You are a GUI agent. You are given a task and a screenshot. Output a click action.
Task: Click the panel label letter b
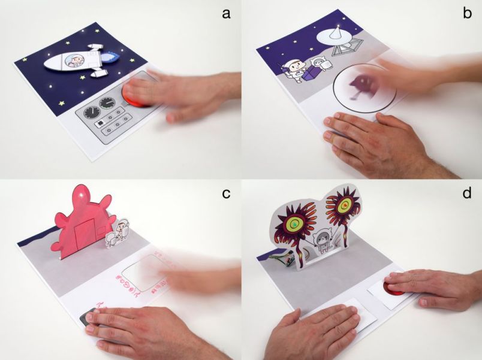tap(467, 13)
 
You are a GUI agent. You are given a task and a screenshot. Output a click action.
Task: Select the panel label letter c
tap(226, 193)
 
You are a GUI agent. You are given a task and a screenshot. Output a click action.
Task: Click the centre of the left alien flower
tap(294, 225)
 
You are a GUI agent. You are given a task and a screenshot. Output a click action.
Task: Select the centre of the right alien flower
tap(344, 206)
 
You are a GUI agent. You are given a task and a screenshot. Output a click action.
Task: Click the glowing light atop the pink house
tap(81, 195)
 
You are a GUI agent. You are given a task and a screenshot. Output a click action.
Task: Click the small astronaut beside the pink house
tap(123, 229)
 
